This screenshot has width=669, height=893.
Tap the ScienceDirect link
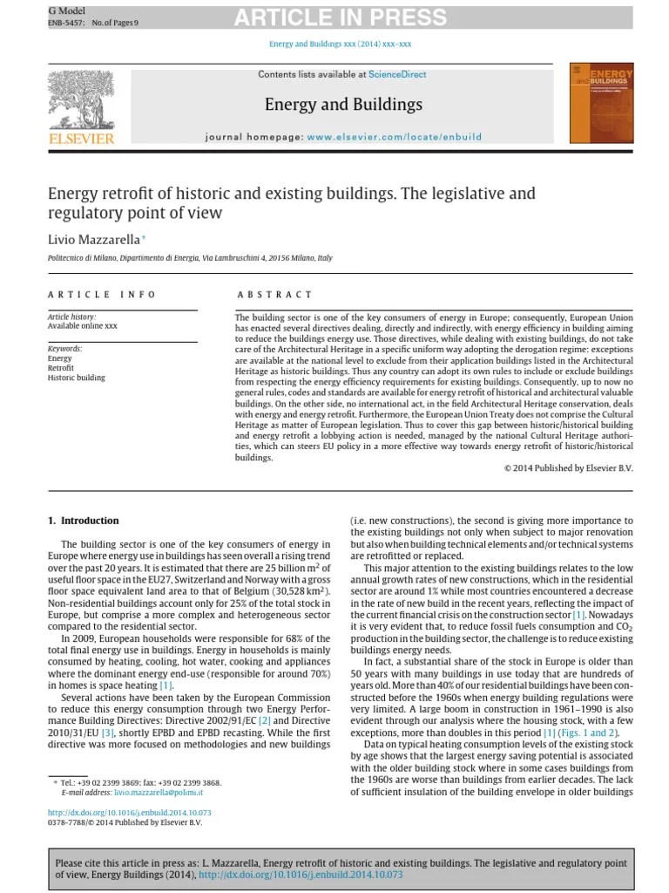click(397, 75)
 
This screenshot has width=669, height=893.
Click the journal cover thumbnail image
click(600, 103)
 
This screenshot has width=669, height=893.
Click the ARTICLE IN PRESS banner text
click(340, 17)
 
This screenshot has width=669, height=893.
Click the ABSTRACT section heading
click(274, 295)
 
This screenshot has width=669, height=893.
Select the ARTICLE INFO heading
click(102, 295)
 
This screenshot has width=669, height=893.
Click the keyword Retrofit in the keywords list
click(61, 368)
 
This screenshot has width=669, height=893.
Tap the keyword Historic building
click(77, 378)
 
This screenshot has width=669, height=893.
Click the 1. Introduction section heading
click(83, 521)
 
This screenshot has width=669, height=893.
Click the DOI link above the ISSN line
click(129, 812)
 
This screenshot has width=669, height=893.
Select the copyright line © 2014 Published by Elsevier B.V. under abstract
click(569, 468)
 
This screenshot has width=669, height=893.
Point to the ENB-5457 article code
click(65, 23)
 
